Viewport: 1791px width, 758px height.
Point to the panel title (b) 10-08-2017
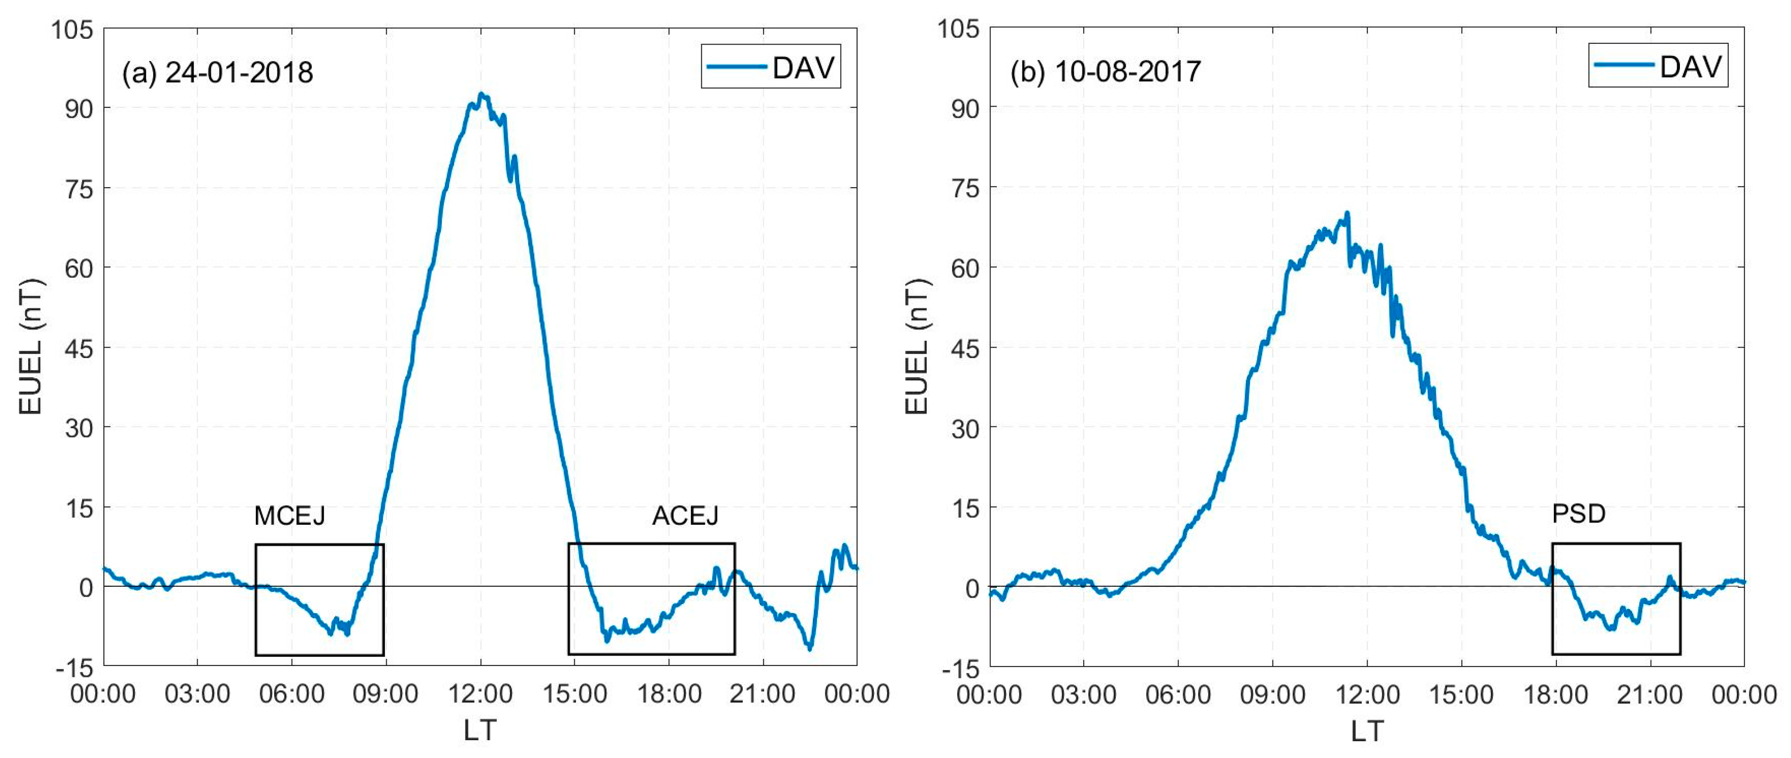coord(1106,72)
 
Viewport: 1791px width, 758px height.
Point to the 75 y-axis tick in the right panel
coord(965,189)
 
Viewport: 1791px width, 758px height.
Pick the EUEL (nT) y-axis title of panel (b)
coord(917,348)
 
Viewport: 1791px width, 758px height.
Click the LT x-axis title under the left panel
coord(480,731)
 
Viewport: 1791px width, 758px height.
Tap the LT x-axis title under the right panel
coord(1367,731)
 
